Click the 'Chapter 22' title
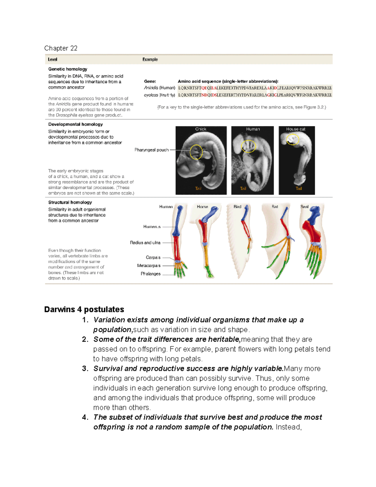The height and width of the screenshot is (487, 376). click(x=61, y=48)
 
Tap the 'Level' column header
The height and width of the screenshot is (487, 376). click(x=52, y=60)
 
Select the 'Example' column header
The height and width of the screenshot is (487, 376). click(x=150, y=60)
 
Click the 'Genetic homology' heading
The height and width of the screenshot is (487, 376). click(x=68, y=69)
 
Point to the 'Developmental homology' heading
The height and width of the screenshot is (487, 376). click(x=76, y=124)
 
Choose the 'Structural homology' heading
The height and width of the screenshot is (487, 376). click(x=70, y=202)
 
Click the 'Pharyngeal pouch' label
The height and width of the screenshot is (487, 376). click(x=151, y=150)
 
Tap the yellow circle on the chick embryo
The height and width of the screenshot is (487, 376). click(x=196, y=152)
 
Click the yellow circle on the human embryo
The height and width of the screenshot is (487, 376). click(x=248, y=146)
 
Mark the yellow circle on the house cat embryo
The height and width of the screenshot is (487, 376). click(x=293, y=139)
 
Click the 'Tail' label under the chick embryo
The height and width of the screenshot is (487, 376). click(x=198, y=188)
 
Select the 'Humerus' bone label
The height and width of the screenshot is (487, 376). click(x=152, y=227)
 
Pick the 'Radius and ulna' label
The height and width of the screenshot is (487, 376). click(x=145, y=243)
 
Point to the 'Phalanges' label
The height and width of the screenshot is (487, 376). click(x=150, y=274)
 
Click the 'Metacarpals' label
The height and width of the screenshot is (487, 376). click(x=149, y=266)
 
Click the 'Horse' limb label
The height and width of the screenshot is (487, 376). click(x=202, y=207)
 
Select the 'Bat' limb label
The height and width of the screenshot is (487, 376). click(x=275, y=207)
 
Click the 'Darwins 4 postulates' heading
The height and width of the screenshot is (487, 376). click(x=84, y=310)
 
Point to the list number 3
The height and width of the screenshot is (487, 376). click(x=85, y=369)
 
